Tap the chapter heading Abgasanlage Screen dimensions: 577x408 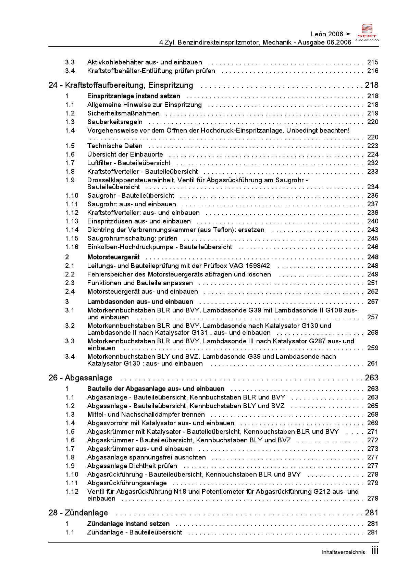click(x=88, y=378)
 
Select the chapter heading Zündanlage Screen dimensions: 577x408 click(x=86, y=513)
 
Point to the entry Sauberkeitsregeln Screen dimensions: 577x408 click(x=115, y=122)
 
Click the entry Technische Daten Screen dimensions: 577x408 click(x=115, y=146)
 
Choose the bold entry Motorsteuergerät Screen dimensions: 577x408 click(x=113, y=257)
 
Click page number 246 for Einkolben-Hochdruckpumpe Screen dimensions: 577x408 click(x=373, y=247)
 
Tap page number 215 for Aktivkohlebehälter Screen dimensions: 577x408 click(x=373, y=62)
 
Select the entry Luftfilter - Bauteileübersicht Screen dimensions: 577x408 click(x=129, y=163)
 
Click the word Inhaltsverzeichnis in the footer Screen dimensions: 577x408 click(x=343, y=552)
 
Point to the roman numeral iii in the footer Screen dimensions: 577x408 click(x=375, y=551)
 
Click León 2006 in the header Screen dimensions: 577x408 click(x=327, y=34)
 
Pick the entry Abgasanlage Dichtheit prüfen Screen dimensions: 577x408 click(x=132, y=466)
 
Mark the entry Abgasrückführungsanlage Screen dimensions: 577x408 click(x=127, y=483)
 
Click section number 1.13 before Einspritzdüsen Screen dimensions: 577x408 click(x=72, y=221)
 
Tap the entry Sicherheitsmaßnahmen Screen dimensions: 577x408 click(x=123, y=113)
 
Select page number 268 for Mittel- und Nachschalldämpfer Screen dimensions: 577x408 click(x=373, y=415)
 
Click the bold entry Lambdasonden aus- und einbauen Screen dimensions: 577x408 click(x=140, y=302)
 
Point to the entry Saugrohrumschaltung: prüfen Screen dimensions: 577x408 click(x=132, y=238)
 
